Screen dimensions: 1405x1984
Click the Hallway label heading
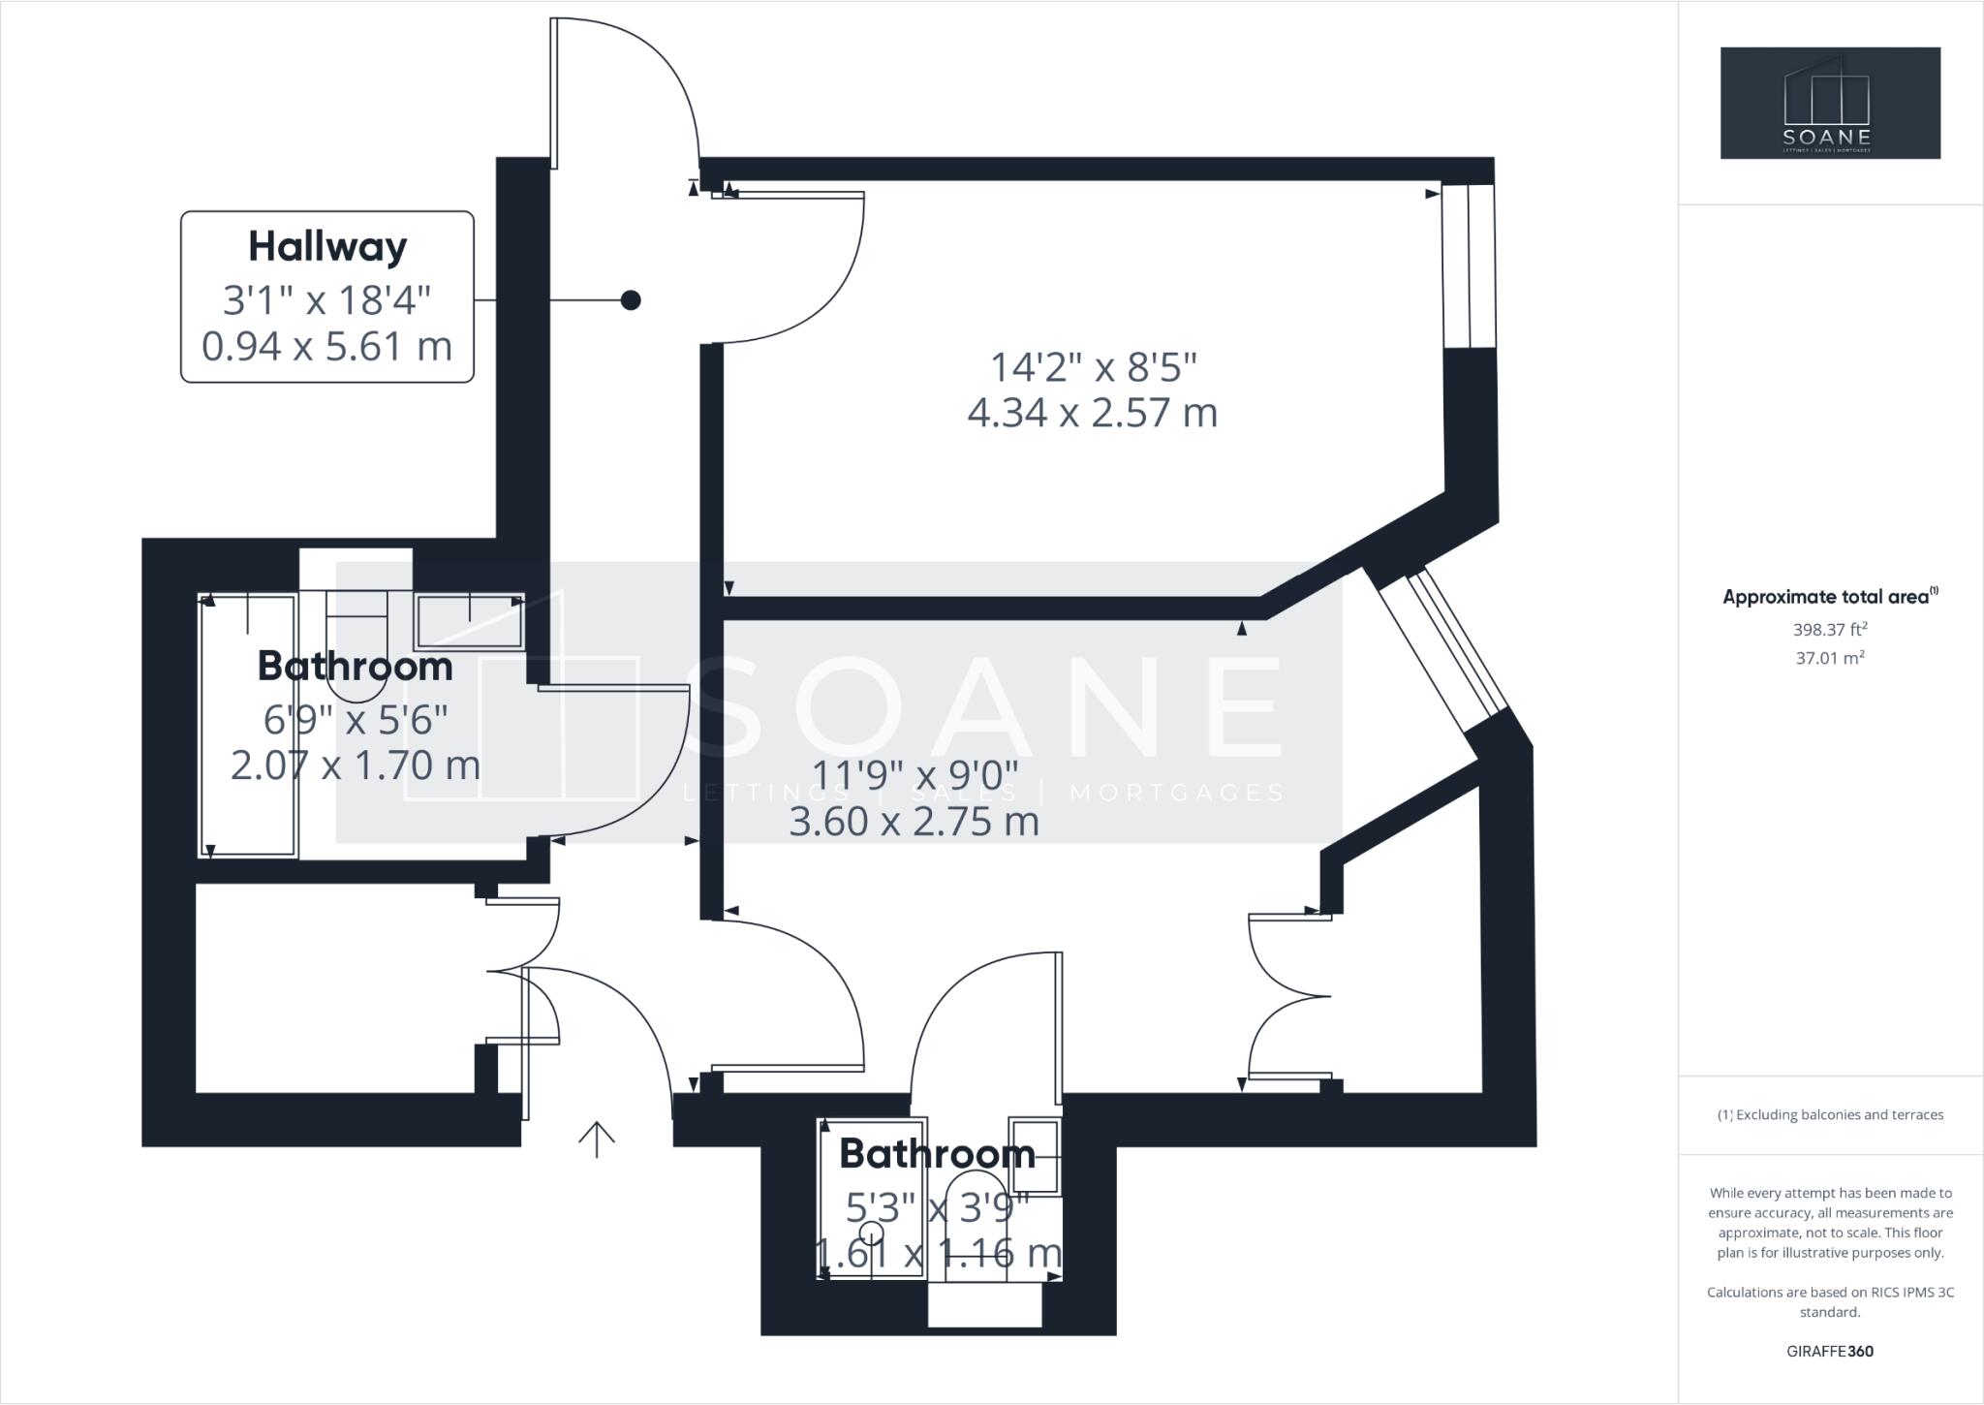tap(327, 247)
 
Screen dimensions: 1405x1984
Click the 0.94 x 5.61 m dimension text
tap(327, 346)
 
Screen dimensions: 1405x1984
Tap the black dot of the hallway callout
tap(631, 300)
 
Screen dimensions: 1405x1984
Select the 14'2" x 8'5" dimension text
tap(1093, 367)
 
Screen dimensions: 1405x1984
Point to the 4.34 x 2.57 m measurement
tap(1093, 413)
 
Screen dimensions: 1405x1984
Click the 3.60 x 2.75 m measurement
tap(914, 823)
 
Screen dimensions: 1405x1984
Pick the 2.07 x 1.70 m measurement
tap(356, 765)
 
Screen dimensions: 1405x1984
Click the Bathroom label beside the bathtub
tap(356, 667)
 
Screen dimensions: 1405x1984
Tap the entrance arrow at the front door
tap(597, 1139)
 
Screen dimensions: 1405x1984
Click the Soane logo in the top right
tap(1830, 103)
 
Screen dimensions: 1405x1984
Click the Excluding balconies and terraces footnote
tap(1830, 1115)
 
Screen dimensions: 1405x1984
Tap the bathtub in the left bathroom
tap(248, 727)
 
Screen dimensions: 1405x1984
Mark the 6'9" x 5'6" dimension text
tap(356, 719)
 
